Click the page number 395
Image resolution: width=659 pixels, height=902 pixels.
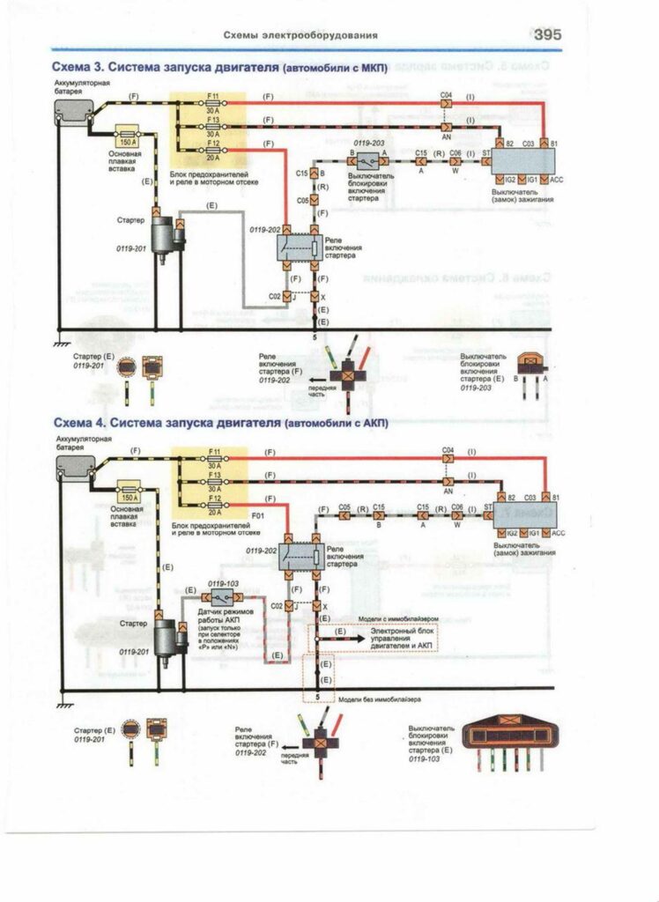tap(547, 34)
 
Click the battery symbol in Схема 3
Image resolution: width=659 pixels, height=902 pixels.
tap(74, 110)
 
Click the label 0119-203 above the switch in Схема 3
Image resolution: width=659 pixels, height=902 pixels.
tap(369, 142)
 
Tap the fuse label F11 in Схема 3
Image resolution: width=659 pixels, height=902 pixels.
tap(213, 95)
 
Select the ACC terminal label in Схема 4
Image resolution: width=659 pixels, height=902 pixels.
tap(558, 533)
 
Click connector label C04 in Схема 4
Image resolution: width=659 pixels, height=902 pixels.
tap(447, 450)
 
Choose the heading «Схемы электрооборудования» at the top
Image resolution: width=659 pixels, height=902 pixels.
tap(300, 35)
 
